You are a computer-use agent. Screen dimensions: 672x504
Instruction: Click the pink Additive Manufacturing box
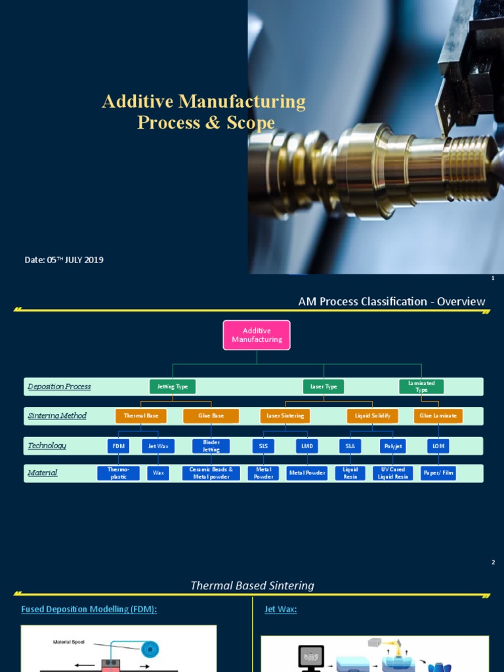257,335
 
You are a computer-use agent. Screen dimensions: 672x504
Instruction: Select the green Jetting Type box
173,387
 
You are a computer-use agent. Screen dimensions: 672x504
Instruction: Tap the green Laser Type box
324,387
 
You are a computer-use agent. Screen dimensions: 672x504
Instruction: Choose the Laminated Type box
421,387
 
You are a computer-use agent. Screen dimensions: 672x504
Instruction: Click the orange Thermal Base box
141,416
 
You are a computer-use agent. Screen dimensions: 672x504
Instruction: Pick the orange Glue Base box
211,416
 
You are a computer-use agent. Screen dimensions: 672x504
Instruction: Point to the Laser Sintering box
285,416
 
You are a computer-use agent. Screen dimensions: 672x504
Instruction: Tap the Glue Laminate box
438,416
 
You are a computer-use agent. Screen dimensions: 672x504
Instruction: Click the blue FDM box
118,446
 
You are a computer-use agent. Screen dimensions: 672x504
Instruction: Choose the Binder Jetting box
211,446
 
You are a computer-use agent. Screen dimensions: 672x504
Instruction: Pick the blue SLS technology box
263,446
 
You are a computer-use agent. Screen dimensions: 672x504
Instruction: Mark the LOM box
438,446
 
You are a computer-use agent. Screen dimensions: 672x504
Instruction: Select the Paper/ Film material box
438,473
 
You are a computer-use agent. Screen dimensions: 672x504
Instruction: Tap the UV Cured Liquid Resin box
393,473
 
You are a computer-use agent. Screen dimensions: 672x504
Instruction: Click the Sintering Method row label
57,416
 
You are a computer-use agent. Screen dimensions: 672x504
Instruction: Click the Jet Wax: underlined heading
280,610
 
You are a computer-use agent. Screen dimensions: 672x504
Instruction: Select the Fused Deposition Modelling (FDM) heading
89,610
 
